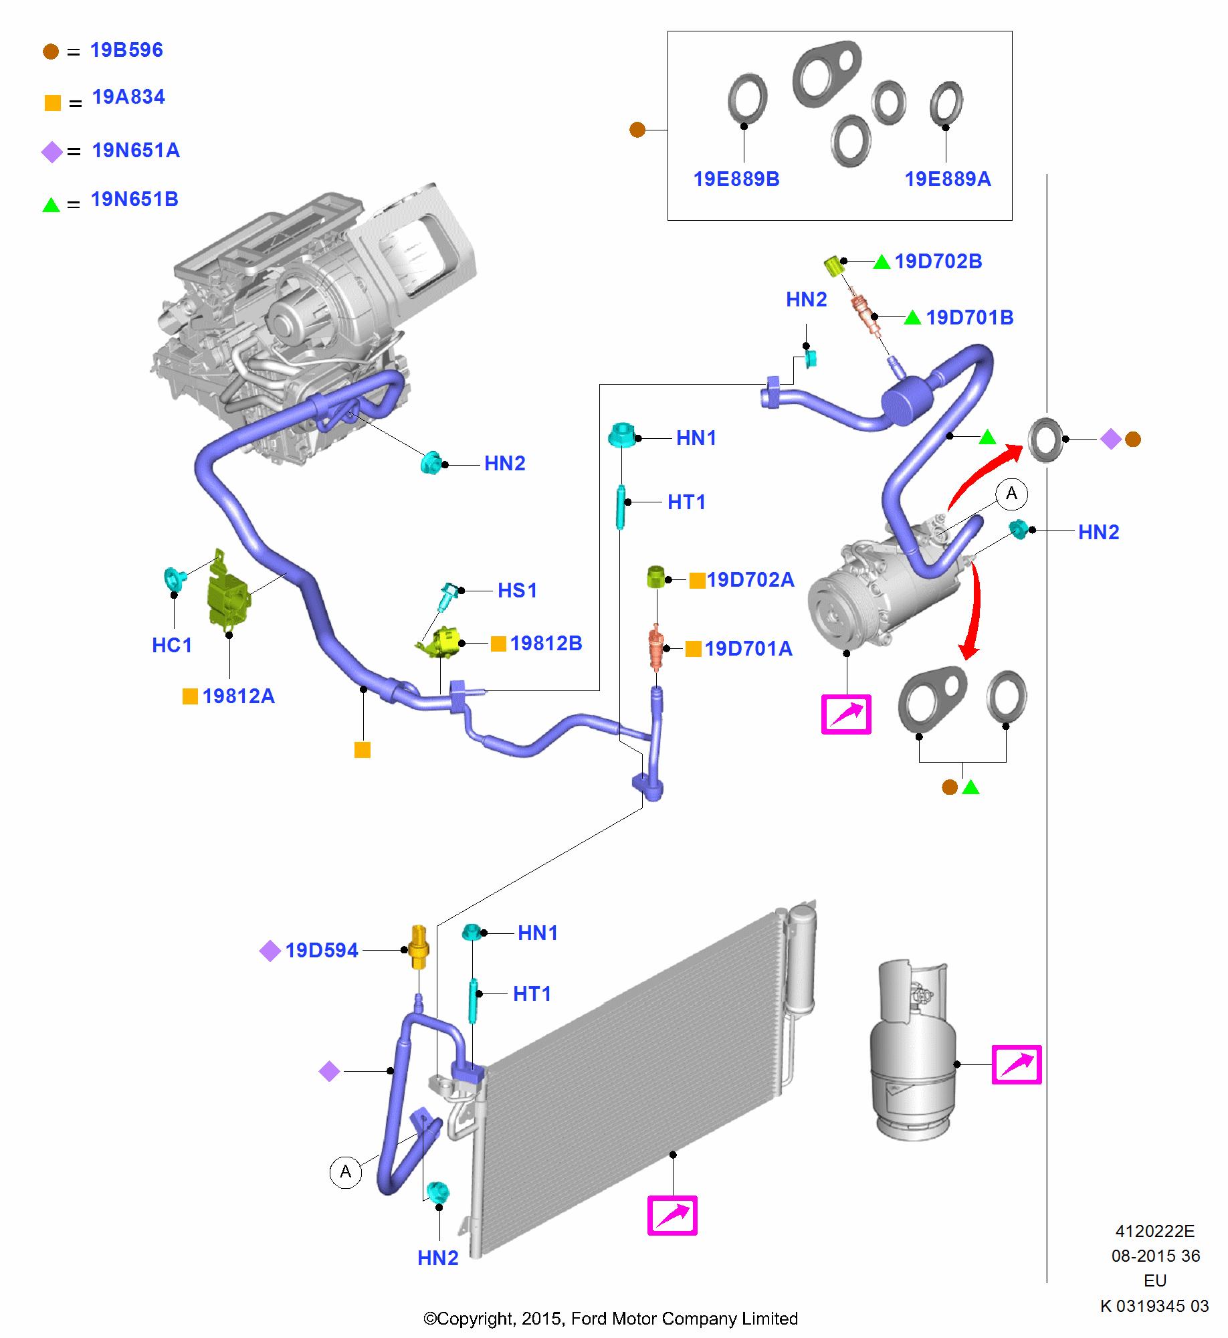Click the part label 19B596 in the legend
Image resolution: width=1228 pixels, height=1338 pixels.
126,50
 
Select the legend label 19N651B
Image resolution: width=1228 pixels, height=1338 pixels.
134,199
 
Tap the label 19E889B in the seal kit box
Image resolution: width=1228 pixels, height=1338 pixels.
736,179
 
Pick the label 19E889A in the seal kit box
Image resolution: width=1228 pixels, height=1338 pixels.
948,179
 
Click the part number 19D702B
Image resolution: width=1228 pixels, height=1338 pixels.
938,262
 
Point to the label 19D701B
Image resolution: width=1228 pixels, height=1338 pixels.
969,317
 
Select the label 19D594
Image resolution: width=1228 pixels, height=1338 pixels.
322,951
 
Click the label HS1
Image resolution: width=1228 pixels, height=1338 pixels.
517,590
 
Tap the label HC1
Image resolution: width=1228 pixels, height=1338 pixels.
172,645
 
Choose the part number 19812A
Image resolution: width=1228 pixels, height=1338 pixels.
238,696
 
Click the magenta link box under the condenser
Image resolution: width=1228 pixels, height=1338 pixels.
672,1215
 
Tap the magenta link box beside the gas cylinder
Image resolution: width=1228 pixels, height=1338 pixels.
1016,1064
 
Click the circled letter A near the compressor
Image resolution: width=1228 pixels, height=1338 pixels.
1011,494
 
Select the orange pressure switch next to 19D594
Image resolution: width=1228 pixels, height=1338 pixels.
418,946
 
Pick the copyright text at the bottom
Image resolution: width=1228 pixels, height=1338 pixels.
611,1319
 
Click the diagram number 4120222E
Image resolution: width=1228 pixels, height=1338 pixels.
1154,1231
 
